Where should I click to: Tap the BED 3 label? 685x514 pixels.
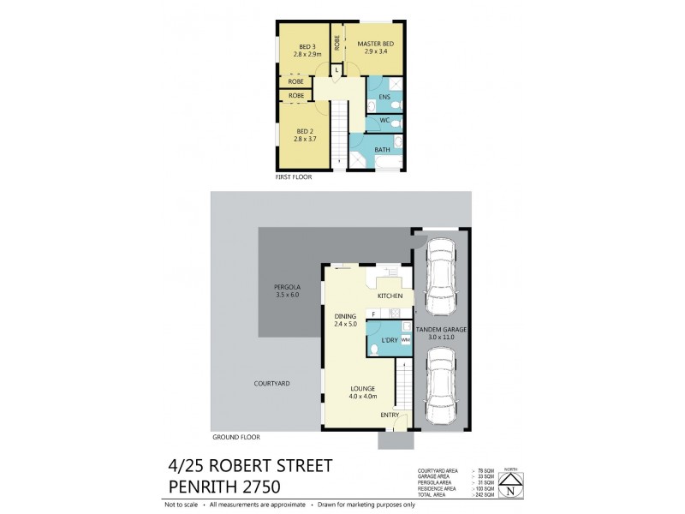click(x=307, y=46)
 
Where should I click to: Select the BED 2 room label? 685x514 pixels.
click(x=307, y=131)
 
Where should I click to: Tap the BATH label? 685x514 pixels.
click(x=382, y=150)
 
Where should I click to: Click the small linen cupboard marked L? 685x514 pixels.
click(x=337, y=69)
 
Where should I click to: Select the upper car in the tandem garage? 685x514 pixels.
click(x=440, y=269)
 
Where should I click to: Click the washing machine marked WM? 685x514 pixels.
click(x=405, y=340)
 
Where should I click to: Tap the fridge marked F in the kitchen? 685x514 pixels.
click(x=373, y=314)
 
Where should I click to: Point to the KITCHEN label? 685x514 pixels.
click(x=390, y=296)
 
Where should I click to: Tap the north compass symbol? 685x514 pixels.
click(x=510, y=485)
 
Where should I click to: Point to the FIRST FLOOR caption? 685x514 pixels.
click(x=293, y=177)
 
